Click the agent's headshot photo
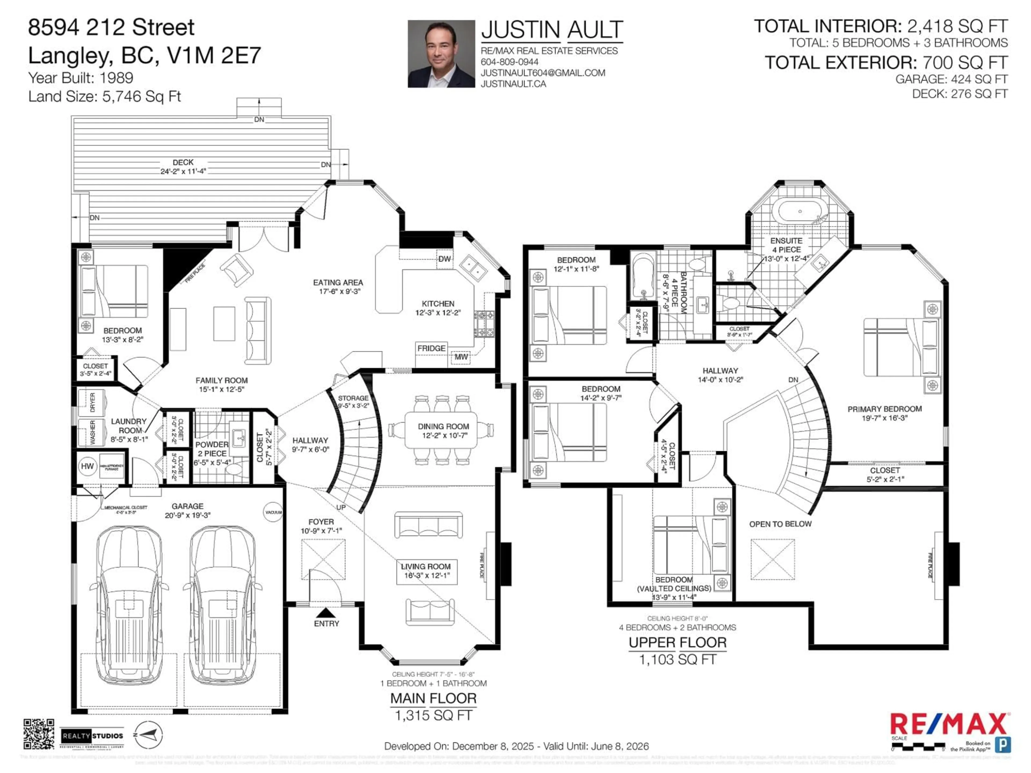pyautogui.click(x=441, y=54)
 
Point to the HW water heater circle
pyautogui.click(x=87, y=466)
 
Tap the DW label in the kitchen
pyautogui.click(x=444, y=259)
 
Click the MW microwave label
pyautogui.click(x=461, y=357)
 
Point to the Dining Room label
pyautogui.click(x=443, y=426)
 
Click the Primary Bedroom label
pyautogui.click(x=884, y=409)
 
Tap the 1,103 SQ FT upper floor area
pyautogui.click(x=677, y=659)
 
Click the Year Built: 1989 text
pyautogui.click(x=81, y=78)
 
